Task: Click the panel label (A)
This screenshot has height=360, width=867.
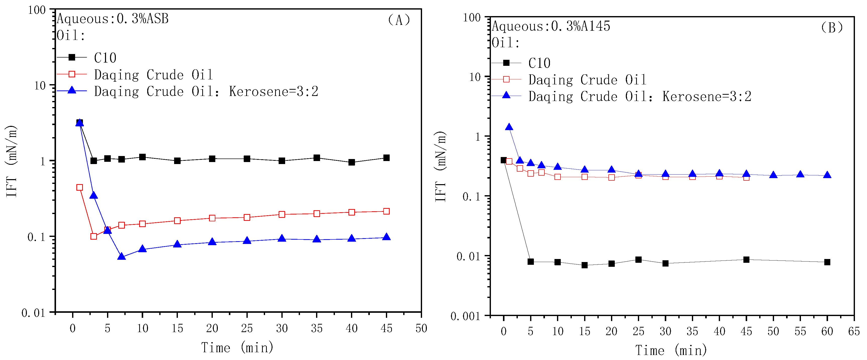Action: (x=399, y=20)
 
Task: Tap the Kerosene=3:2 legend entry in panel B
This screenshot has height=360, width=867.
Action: (x=639, y=96)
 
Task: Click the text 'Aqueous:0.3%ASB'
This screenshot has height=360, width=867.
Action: (x=113, y=19)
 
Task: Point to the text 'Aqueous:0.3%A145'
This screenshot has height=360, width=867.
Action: (x=551, y=26)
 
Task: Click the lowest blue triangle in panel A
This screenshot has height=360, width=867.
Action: (x=122, y=257)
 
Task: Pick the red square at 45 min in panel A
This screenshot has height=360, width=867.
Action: (x=386, y=211)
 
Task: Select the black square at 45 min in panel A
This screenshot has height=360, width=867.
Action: (x=386, y=158)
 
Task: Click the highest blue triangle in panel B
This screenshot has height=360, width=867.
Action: (x=509, y=127)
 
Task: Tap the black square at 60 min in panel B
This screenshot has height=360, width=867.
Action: (x=827, y=262)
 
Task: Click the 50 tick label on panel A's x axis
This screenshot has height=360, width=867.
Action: (x=421, y=328)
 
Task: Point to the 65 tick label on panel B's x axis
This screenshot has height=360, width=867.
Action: (x=854, y=331)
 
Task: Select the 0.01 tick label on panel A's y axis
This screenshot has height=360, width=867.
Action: (x=33, y=313)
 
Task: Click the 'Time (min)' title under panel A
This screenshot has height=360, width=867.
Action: (x=237, y=347)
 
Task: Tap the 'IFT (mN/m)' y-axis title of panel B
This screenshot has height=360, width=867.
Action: (x=441, y=167)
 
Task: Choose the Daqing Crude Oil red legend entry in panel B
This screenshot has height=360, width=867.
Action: (x=587, y=80)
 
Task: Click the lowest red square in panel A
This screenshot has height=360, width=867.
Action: (x=93, y=236)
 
